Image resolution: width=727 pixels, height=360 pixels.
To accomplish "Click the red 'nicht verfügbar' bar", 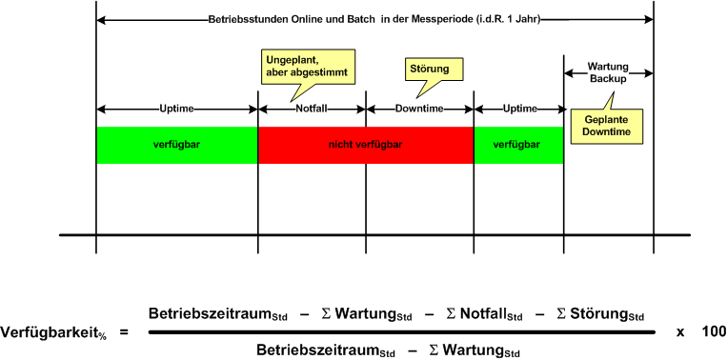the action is (x=365, y=145).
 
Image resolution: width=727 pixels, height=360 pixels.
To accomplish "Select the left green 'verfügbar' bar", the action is (x=176, y=145).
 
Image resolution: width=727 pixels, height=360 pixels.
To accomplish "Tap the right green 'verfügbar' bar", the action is (x=517, y=145).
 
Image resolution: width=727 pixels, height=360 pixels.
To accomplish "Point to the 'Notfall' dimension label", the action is (x=312, y=109).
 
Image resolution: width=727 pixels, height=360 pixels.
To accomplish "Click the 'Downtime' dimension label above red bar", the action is (x=419, y=109).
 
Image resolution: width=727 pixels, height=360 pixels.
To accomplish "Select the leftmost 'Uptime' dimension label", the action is (x=176, y=109).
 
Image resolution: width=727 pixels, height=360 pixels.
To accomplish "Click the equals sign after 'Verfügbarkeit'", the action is (x=124, y=331).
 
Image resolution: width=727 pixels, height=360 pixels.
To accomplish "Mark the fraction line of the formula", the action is (x=400, y=331).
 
